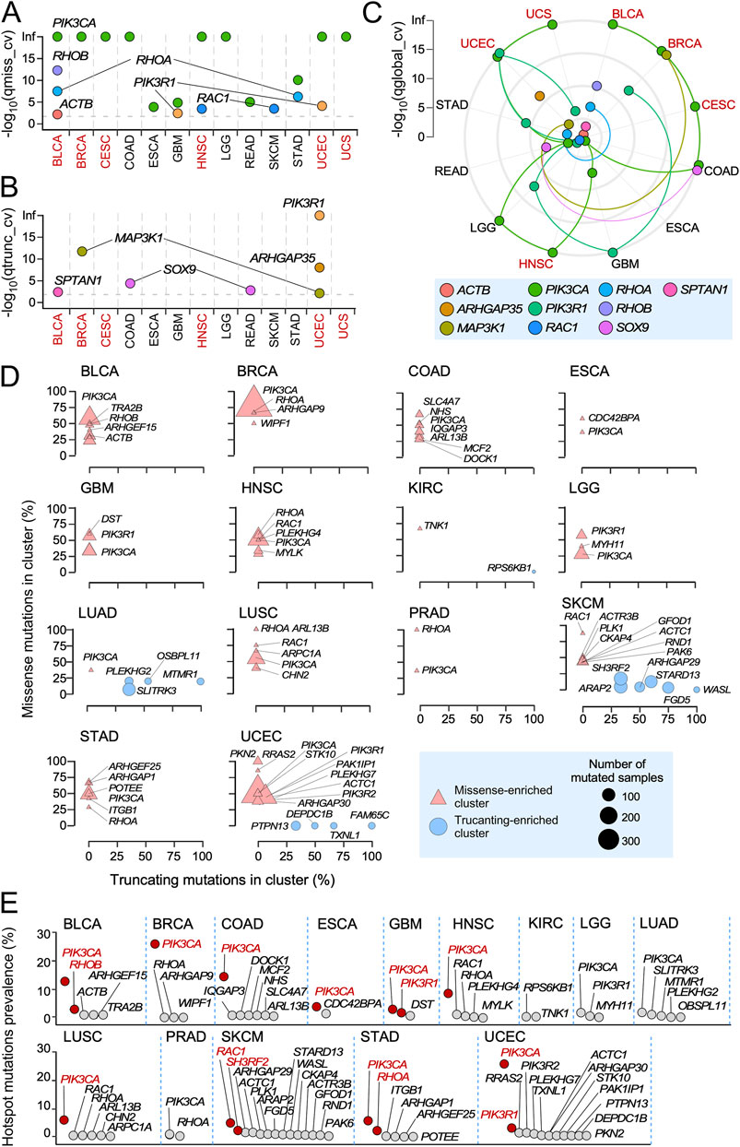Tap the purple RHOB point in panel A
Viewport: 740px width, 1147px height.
(x=57, y=70)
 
